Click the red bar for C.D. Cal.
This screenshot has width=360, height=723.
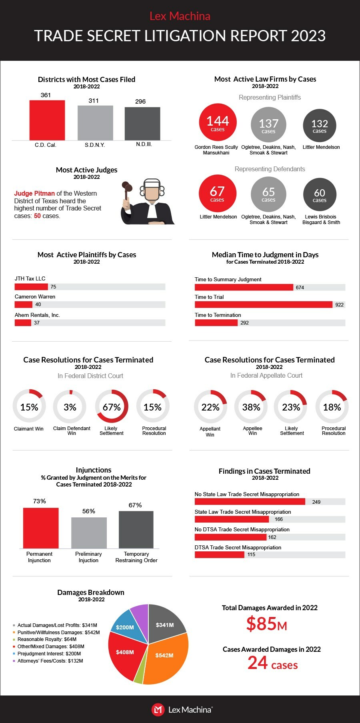click(47, 120)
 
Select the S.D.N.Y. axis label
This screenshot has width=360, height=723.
click(95, 145)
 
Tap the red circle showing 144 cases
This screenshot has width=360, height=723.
click(218, 122)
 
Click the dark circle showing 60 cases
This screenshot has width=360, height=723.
click(319, 194)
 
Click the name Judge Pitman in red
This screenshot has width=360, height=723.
click(34, 193)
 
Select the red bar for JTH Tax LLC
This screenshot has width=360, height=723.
click(31, 286)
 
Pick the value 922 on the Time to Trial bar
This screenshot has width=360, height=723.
click(339, 305)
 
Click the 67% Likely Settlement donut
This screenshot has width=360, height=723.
click(112, 407)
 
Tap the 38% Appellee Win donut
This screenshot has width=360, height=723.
click(251, 407)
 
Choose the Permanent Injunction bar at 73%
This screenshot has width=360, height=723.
click(41, 528)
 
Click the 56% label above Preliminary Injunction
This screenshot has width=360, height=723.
click(89, 511)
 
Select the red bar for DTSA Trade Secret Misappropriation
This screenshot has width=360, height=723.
click(219, 555)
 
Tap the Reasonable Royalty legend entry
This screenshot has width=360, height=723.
click(47, 639)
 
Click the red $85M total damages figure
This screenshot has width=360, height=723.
click(266, 624)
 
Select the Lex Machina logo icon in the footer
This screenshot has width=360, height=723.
click(158, 710)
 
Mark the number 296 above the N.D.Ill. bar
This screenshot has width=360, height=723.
click(140, 102)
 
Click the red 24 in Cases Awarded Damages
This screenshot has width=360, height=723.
click(258, 663)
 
